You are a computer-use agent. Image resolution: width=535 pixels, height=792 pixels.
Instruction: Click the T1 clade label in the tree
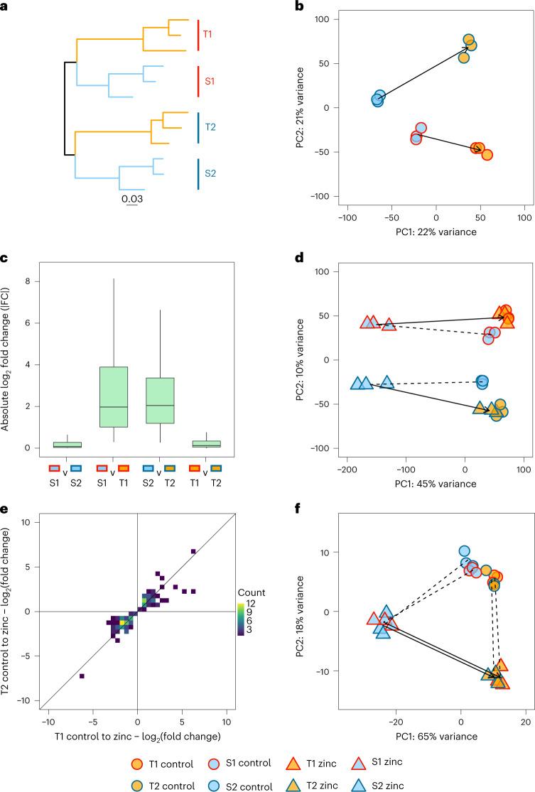tap(208, 33)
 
